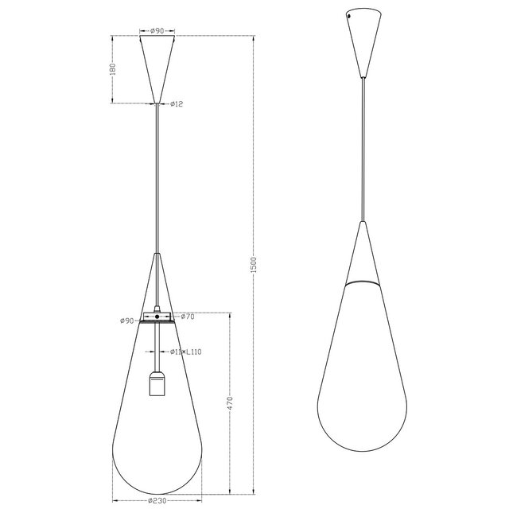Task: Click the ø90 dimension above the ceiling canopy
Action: tap(158, 32)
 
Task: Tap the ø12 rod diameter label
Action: tap(177, 104)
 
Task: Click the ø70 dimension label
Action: tap(188, 317)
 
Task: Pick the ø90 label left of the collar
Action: tap(126, 321)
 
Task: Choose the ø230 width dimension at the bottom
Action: tap(157, 501)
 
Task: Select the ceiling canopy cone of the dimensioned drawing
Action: tap(158, 64)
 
